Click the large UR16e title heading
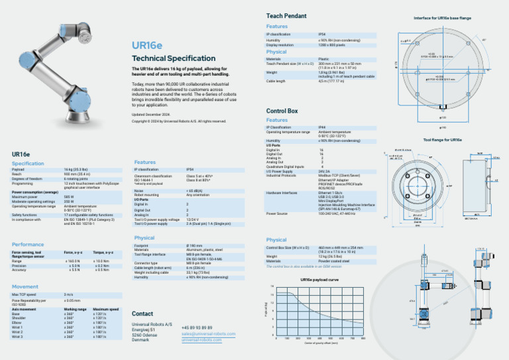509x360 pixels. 146,46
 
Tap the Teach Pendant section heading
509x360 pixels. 286,15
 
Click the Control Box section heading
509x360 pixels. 282,111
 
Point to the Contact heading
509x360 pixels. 142,314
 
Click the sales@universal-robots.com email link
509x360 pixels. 208,334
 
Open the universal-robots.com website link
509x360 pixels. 202,339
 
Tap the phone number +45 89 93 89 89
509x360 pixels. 197,328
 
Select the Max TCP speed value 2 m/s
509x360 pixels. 68,294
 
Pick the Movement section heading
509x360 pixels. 25,286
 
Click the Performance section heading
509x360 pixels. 28,245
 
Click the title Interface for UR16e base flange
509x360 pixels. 442,18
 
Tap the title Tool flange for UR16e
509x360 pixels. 442,140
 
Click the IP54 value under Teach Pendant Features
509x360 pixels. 322,33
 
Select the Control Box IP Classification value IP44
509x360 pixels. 322,127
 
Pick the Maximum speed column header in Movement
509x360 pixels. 106,309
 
